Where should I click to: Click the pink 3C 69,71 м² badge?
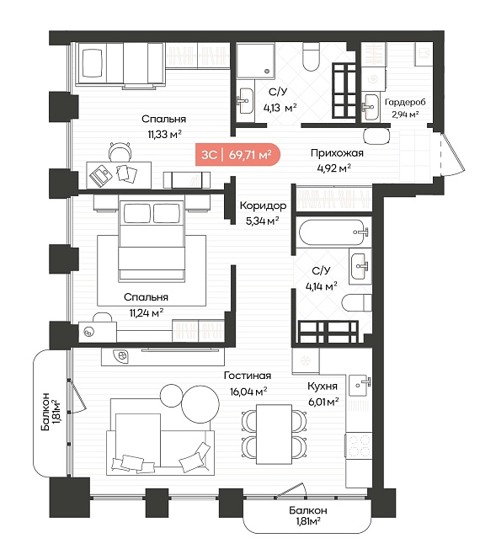point(237,154)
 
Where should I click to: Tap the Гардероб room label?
point(405,102)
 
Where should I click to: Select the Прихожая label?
point(337,153)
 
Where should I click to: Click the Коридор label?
point(263,205)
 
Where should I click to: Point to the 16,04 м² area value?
point(248,391)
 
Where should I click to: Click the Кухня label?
point(323,386)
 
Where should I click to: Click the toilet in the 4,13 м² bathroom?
point(311,56)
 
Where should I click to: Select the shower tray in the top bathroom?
point(255,61)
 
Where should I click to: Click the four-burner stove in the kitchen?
point(359,445)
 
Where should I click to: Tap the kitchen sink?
point(360,385)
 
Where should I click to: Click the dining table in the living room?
point(274,434)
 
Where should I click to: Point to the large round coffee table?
point(200,405)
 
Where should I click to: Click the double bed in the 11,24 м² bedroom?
point(152,241)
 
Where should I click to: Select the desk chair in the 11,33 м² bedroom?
point(120,152)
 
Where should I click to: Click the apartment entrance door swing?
point(453,154)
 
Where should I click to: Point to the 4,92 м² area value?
point(334,168)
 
